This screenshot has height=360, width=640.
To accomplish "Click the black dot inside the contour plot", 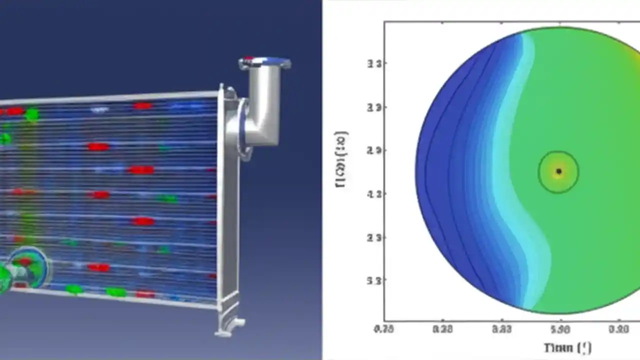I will click(559, 171).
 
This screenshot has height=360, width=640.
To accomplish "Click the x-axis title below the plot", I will click(567, 346).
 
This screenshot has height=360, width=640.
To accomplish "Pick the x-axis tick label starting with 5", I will click(560, 328).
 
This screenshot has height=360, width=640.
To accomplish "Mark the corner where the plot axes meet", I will click(384, 320).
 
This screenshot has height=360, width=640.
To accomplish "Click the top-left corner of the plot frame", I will click(384, 22).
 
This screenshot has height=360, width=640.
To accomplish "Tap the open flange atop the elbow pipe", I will click(264, 63).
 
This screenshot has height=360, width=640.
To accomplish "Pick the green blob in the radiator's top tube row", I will click(31, 114).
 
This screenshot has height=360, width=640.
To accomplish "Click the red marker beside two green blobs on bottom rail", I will click(145, 294).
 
